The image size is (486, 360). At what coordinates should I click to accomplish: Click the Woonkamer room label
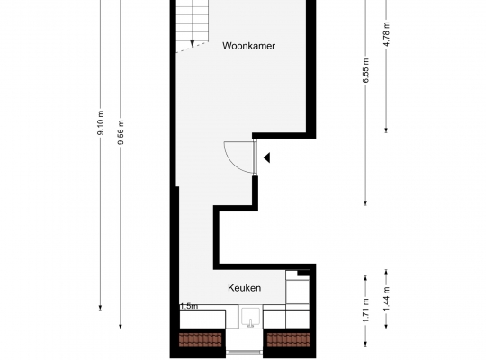pos(248,46)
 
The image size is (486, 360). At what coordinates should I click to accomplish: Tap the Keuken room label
pos(244,288)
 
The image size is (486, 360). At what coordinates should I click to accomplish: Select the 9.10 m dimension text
pos(101,122)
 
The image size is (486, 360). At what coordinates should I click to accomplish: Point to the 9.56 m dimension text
pos(121,132)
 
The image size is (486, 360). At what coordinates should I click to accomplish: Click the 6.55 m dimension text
pos(365,70)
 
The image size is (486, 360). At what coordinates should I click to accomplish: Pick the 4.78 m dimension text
pos(386,34)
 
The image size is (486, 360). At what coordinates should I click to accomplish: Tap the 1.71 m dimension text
pos(365,310)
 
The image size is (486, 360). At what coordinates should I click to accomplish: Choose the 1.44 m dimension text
pos(386,299)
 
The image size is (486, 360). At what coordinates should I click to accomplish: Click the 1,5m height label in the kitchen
pos(189,306)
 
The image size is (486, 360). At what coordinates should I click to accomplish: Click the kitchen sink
pos(250,317)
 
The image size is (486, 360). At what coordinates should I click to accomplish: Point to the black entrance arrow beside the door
pos(267,157)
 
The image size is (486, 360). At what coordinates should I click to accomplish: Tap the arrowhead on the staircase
pos(193,43)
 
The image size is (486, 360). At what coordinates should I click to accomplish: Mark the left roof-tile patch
pos(201,339)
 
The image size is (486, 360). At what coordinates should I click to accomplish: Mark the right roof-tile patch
pos(289,339)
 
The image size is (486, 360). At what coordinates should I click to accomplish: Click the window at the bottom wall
pos(245,352)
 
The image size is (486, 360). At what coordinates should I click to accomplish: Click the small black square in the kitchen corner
pos(304,273)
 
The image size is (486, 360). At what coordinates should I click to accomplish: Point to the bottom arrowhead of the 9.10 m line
pos(100,307)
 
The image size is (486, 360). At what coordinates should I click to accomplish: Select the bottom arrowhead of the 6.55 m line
pos(365,202)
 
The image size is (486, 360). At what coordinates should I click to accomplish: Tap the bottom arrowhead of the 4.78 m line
pos(386,130)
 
